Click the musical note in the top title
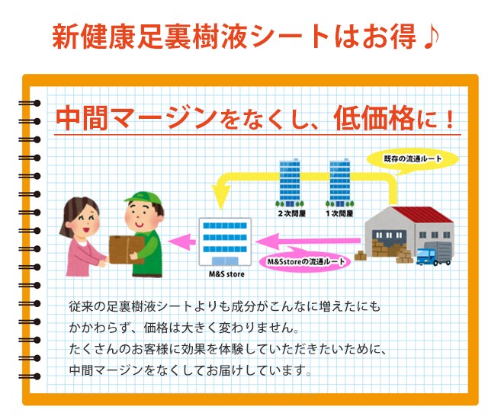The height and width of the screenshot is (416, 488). [x=431, y=37]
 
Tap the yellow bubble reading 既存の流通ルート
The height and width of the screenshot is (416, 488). [x=413, y=159]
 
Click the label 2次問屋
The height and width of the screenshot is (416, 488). [x=292, y=213]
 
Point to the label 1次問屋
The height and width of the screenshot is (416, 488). [x=339, y=213]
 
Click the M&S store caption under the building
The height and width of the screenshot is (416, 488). [x=226, y=274]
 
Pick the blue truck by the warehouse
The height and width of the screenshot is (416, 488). [x=434, y=254]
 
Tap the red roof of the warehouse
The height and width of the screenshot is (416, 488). [x=423, y=215]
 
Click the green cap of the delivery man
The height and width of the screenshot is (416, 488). [x=144, y=198]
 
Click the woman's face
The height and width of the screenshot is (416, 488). [x=85, y=222]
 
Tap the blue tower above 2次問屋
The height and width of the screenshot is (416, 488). [x=290, y=181]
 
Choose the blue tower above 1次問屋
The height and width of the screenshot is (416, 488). [x=340, y=181]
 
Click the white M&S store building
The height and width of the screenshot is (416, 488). [x=225, y=242]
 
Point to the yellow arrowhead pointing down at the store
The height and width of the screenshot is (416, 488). [x=221, y=197]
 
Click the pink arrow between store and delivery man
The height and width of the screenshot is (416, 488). [x=181, y=242]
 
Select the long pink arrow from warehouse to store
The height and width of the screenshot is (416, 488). [x=307, y=241]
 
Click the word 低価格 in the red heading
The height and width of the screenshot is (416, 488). [x=374, y=118]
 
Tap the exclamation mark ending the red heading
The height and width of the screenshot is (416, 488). [x=449, y=119]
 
